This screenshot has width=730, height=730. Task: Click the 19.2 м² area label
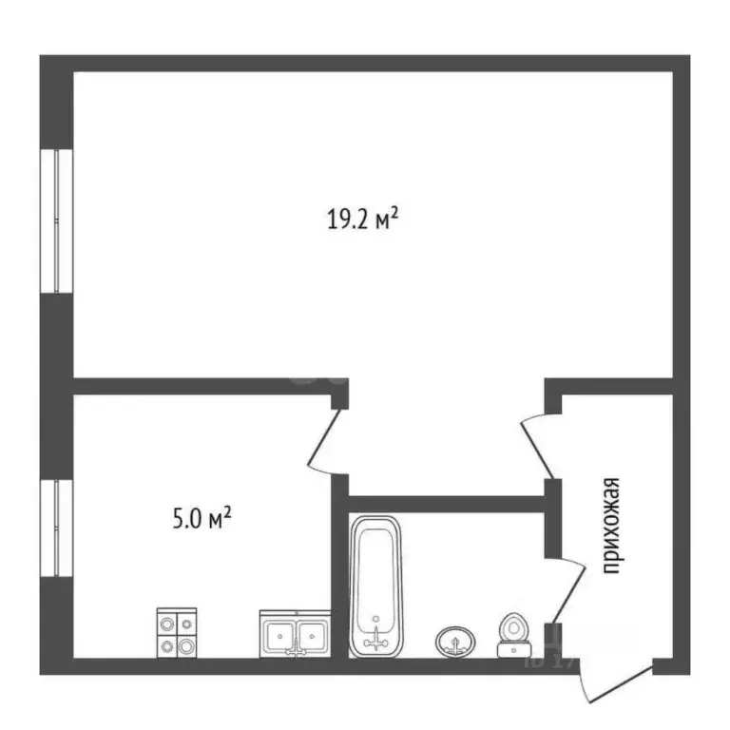[362, 221]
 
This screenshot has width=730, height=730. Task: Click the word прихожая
[612, 527]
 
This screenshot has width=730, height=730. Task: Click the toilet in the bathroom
[512, 634]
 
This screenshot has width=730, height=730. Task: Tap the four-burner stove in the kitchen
[179, 632]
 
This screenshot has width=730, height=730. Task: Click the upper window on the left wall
[60, 221]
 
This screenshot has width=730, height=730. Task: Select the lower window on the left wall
[60, 528]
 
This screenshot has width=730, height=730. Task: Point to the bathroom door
[566, 594]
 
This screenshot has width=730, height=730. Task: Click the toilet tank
[513, 650]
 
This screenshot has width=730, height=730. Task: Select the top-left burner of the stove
[168, 623]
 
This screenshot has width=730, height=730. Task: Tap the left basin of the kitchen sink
[279, 634]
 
